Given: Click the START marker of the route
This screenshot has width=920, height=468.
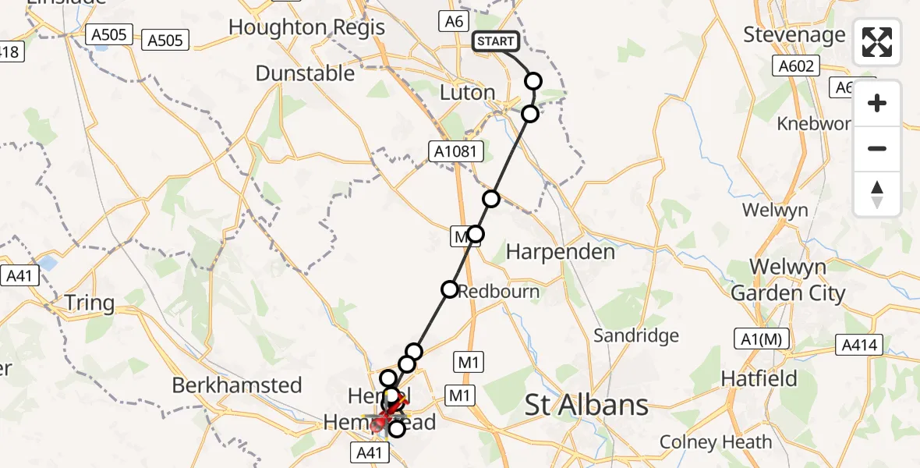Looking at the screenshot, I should pyautogui.click(x=496, y=41).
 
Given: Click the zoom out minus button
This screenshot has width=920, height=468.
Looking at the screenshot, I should pyautogui.click(x=877, y=148).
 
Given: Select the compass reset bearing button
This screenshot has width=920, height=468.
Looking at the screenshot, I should pyautogui.click(x=877, y=193).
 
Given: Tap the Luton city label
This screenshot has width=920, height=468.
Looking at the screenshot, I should pyautogui.click(x=468, y=92).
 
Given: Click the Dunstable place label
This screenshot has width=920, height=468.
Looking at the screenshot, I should pyautogui.click(x=305, y=73).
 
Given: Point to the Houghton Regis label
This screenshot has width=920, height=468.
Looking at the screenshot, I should pyautogui.click(x=306, y=27).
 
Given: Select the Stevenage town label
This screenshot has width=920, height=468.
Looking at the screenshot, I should pyautogui.click(x=794, y=34).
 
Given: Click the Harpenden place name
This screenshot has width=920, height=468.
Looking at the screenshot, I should pyautogui.click(x=561, y=252).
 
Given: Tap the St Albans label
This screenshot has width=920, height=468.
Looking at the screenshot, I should pyautogui.click(x=586, y=405).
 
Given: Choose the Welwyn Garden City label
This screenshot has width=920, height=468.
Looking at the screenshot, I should pyautogui.click(x=787, y=280).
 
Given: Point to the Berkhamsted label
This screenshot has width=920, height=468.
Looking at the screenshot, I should pyautogui.click(x=236, y=385).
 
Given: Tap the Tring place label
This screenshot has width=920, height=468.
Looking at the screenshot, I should pyautogui.click(x=89, y=303).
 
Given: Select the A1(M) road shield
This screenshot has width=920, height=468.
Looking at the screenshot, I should pyautogui.click(x=762, y=339).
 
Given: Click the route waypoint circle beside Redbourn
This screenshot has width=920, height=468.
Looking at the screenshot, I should pyautogui.click(x=450, y=289).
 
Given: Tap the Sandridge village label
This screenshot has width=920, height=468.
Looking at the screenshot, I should pyautogui.click(x=636, y=335).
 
